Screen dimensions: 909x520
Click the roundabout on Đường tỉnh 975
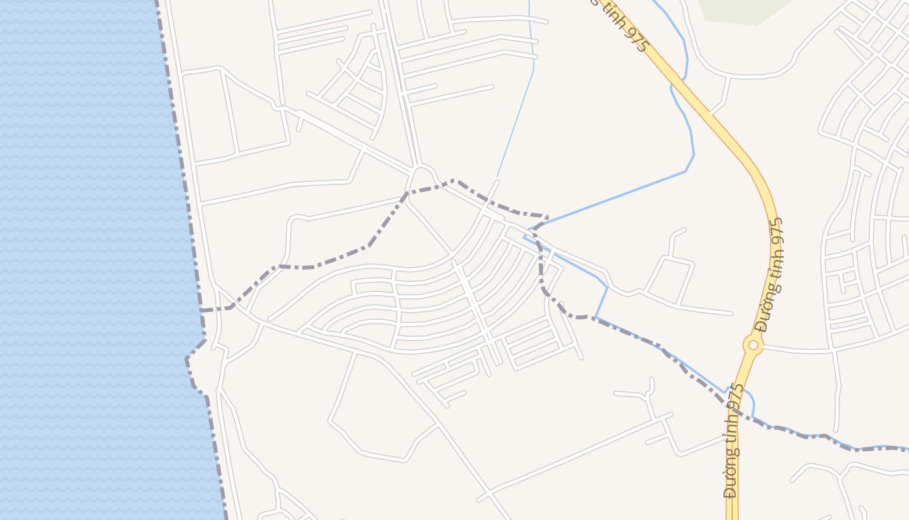pos(753,344)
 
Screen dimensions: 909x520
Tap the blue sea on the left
pos(78,260)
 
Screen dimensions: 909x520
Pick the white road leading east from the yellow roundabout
pos(799,350)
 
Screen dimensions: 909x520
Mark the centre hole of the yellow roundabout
pos(753,344)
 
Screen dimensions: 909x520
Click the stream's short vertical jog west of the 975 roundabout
pos(601,302)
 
